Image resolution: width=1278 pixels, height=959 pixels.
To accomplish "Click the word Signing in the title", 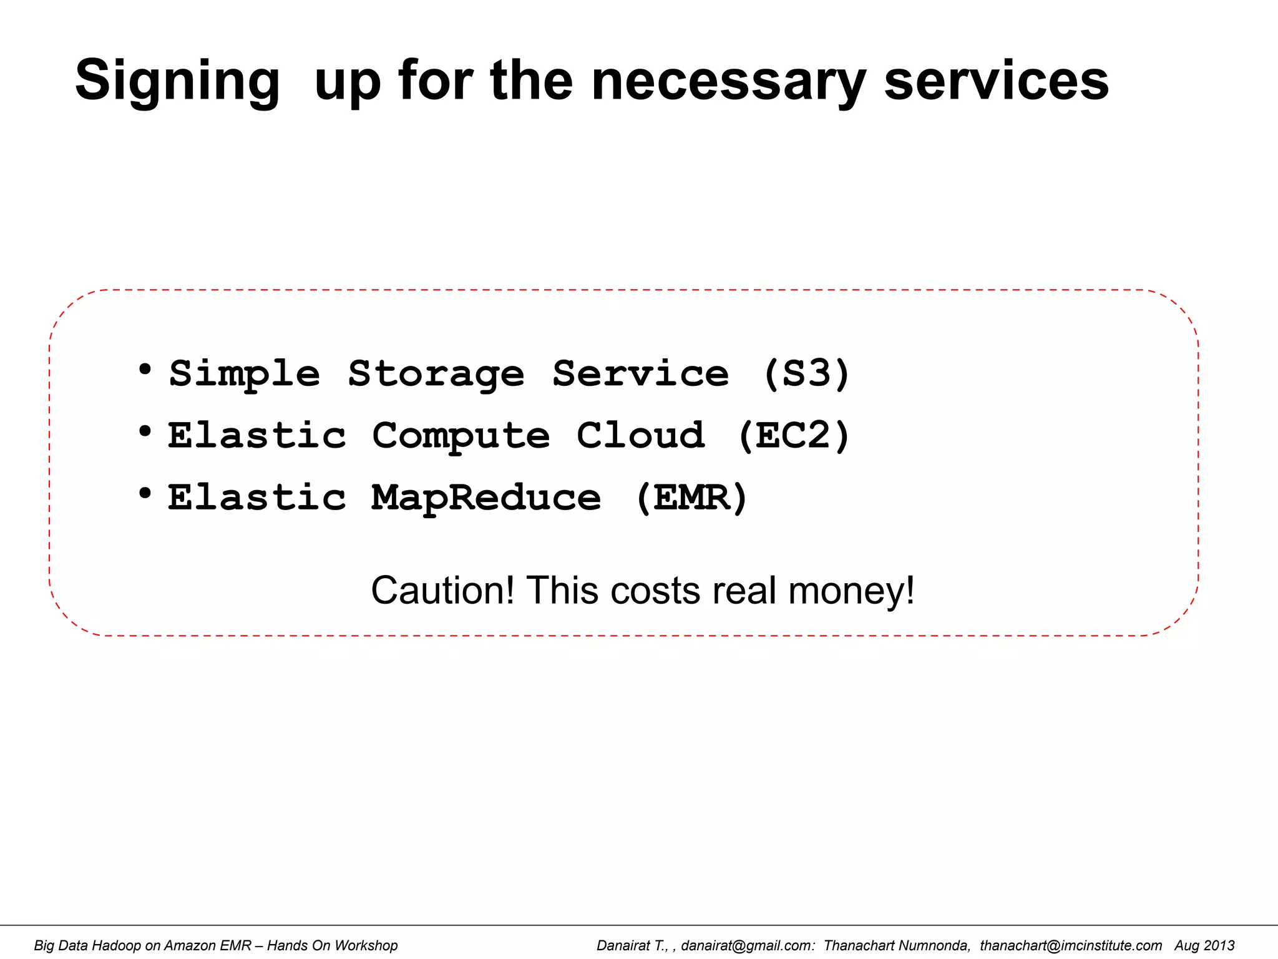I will click(177, 81).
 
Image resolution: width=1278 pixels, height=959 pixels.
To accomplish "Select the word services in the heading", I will click(997, 81).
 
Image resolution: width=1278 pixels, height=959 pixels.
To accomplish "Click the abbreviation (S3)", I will click(807, 374).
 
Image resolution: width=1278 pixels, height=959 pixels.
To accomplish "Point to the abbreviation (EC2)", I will click(794, 435).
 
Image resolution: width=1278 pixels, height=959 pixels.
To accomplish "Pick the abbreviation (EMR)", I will click(691, 498).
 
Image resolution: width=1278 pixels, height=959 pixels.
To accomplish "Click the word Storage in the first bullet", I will click(436, 374).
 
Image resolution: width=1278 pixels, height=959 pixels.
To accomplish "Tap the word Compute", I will click(461, 435).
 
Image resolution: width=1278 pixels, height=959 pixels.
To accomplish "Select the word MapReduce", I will click(486, 498).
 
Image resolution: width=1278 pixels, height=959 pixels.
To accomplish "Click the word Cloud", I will click(641, 435).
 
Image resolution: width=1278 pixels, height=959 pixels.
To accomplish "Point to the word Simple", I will click(245, 374).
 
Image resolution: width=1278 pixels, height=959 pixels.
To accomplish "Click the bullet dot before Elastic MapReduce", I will click(145, 493).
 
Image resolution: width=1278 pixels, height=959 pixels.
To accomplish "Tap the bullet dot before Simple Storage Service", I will click(145, 370).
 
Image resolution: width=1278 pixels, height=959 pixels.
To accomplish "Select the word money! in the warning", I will click(851, 590).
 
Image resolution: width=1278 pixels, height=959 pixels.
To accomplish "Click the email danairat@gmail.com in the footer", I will click(748, 945).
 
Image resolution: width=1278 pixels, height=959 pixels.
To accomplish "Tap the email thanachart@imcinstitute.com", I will click(1071, 945).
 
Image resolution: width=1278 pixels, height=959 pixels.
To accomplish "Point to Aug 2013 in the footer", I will click(1204, 945).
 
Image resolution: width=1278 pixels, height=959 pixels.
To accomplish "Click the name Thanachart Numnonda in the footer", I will click(897, 945).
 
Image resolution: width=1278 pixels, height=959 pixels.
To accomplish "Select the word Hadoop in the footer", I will click(116, 945).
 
